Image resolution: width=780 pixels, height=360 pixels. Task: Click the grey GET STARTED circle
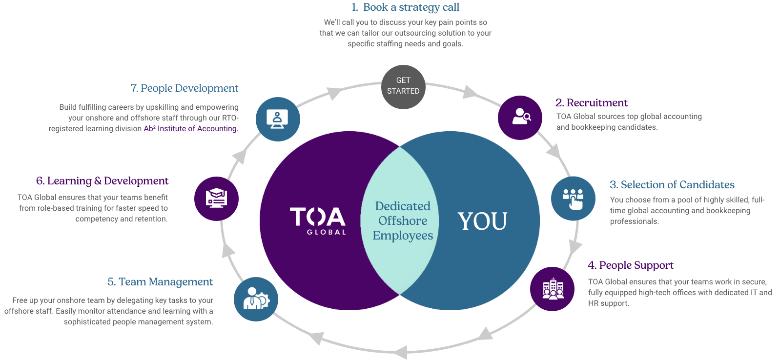coord(403,87)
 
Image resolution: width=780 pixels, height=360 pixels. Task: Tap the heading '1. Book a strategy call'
coord(405,7)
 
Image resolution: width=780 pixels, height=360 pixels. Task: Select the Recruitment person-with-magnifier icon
coord(520,118)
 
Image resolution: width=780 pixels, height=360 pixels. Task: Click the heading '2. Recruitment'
coord(591,103)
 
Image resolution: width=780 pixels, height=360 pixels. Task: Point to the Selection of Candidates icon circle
coord(573,199)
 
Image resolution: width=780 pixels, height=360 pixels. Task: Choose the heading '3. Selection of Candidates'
coord(672,184)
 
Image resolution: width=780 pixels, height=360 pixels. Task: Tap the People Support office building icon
coord(552,289)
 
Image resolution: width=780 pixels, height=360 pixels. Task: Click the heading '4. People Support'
coord(631,265)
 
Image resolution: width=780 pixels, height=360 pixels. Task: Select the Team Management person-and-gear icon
coord(256,299)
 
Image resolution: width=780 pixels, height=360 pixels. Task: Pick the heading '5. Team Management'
coord(160,281)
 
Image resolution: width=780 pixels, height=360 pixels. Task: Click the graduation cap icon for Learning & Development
coord(216,199)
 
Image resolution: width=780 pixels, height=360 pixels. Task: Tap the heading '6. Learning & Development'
coord(102,181)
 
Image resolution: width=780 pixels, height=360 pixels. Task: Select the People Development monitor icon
coord(278,119)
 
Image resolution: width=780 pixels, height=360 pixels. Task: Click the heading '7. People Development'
coord(185,88)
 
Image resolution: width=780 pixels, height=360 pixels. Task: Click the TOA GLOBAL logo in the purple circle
coord(318,221)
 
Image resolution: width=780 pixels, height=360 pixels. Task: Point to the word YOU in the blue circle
coord(482,221)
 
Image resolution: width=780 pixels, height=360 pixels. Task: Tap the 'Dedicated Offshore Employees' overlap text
coord(403,221)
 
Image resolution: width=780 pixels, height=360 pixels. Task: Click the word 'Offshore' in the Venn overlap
coord(403,221)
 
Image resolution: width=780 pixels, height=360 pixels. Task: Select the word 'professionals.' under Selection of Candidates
coord(635,221)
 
